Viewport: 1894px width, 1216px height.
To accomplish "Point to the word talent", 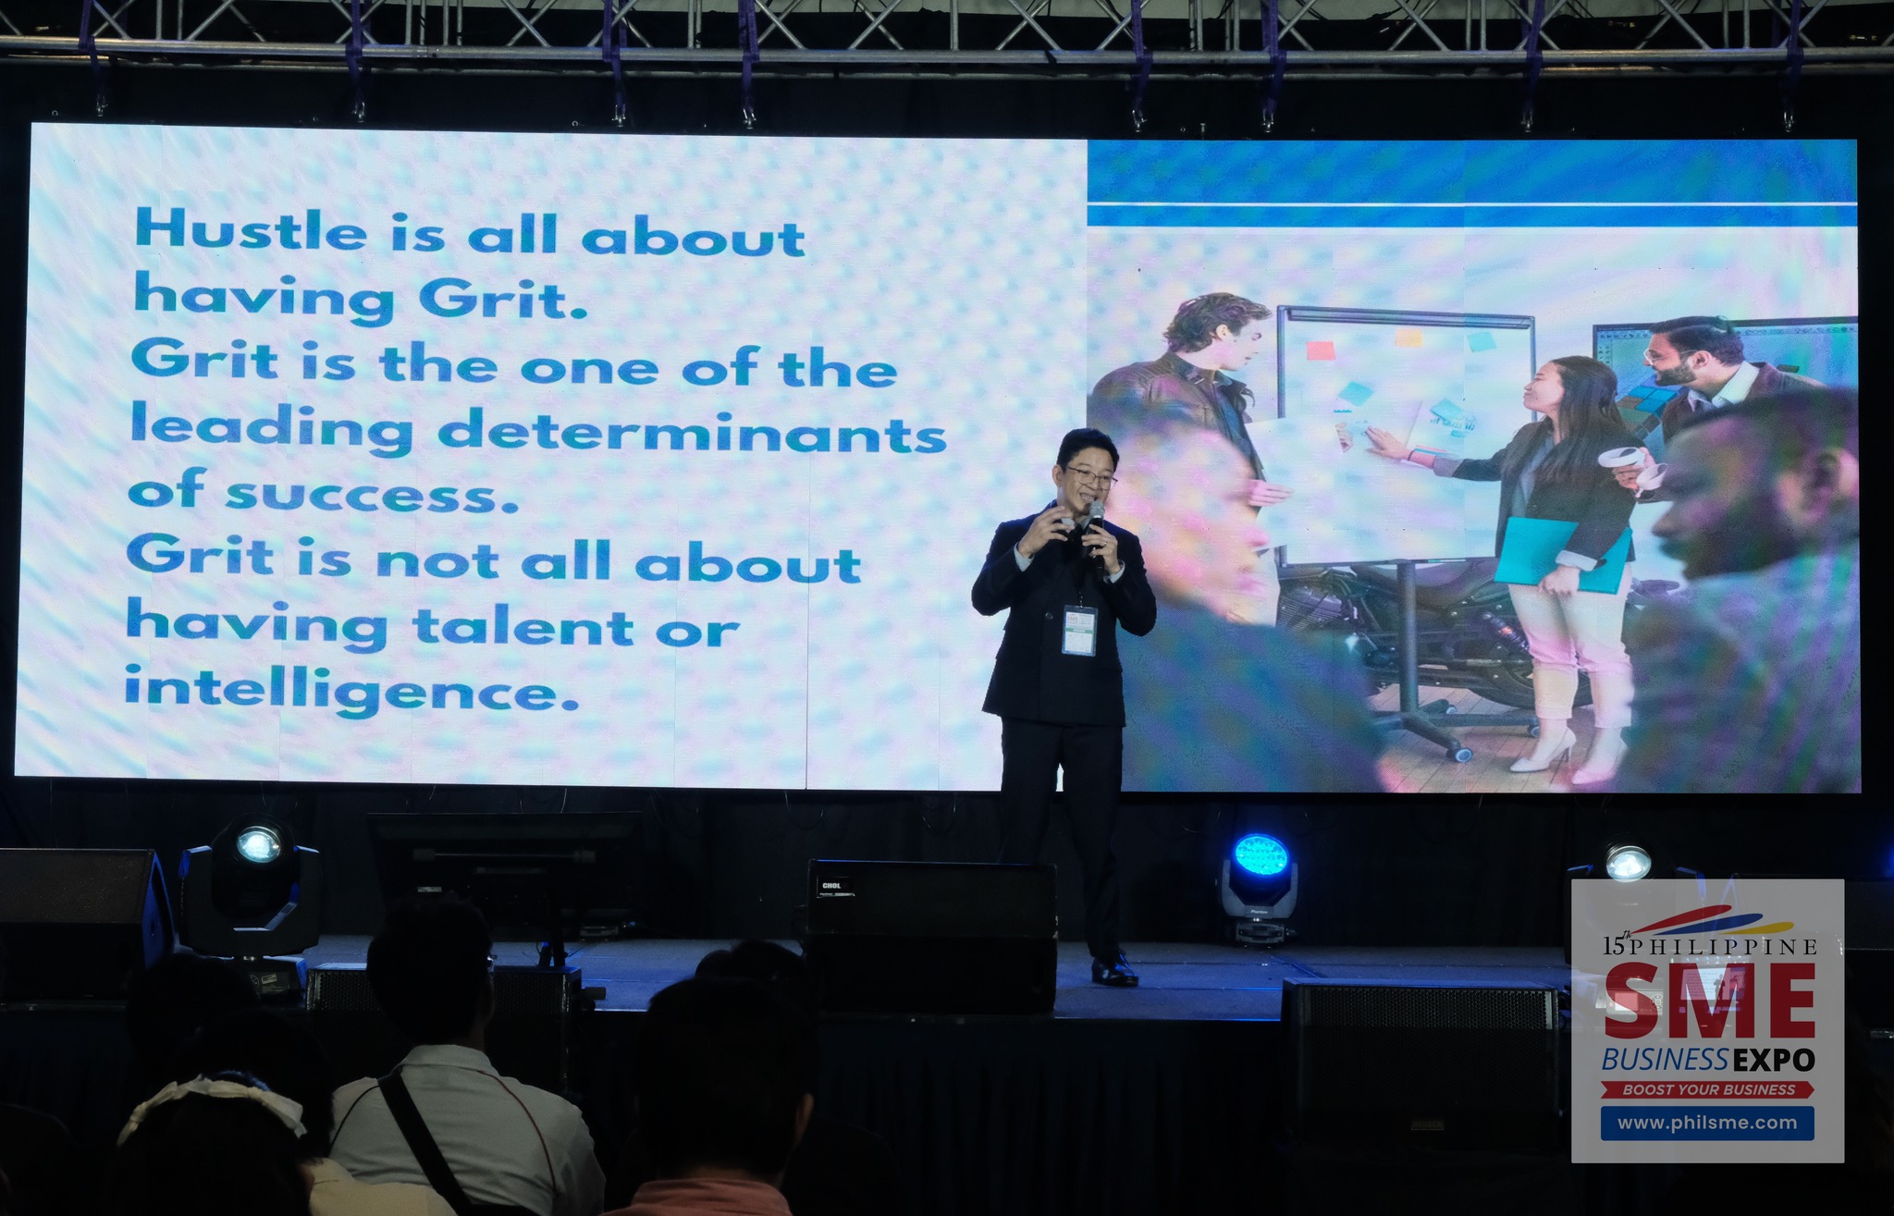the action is [x=523, y=625].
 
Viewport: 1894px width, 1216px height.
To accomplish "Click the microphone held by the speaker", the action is [x=1095, y=527].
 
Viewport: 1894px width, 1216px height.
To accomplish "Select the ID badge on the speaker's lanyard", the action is [x=1077, y=630].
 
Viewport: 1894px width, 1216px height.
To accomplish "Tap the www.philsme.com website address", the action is [x=1707, y=1123].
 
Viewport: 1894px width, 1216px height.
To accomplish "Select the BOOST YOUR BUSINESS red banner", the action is [x=1708, y=1089].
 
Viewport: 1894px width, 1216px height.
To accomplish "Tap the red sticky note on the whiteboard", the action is [x=1321, y=350].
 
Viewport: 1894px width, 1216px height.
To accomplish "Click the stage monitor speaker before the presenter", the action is [x=930, y=935].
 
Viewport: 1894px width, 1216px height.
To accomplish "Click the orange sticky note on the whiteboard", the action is [x=1408, y=337].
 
